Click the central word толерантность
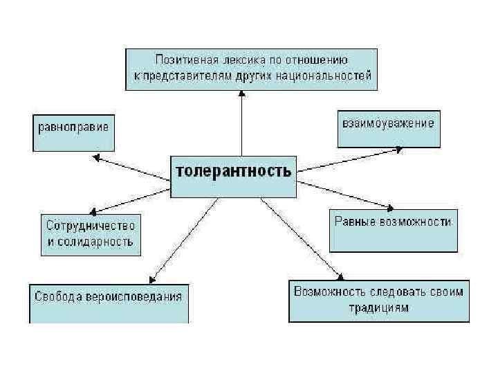pos(233,171)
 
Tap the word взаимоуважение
pos(388,124)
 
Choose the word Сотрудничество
pos(91,226)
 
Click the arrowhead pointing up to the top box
pos(241,95)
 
